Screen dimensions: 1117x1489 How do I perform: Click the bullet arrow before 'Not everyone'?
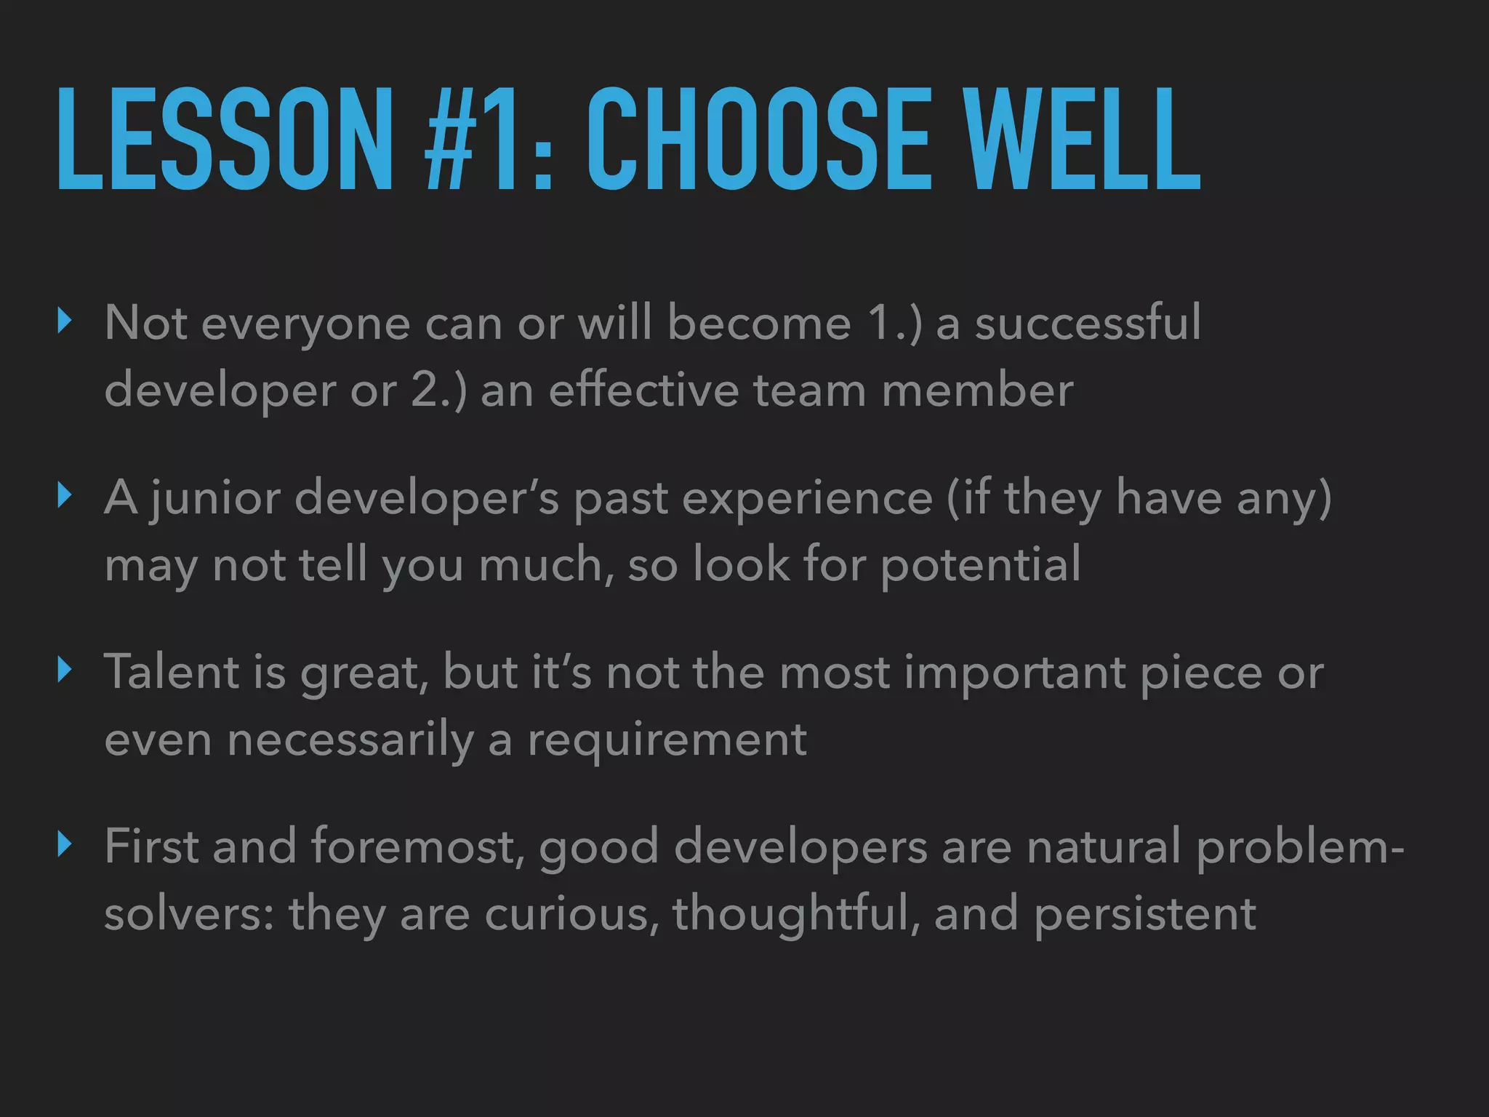65,320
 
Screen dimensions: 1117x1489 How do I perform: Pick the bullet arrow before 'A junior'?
65,496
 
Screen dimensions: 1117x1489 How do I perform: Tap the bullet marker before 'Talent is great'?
65,670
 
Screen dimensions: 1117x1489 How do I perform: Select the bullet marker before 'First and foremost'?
65,845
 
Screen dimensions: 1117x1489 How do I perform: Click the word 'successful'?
1088,323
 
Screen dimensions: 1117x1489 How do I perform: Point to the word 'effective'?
643,391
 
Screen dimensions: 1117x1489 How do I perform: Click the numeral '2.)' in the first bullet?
438,391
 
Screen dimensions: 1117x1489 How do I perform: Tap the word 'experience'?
807,499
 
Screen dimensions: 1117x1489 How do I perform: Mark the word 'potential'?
981,565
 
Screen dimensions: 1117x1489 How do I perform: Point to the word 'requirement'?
667,740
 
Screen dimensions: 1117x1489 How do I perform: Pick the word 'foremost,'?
417,847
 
